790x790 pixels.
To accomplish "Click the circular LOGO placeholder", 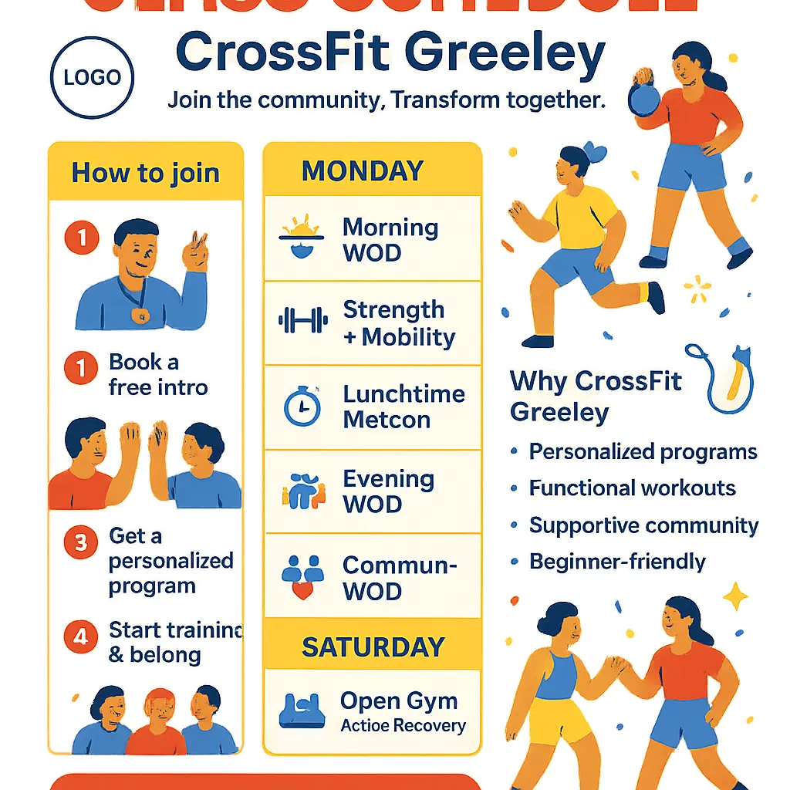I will click(x=92, y=77).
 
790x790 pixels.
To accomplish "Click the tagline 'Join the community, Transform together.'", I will click(x=386, y=100).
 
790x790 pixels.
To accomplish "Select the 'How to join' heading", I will click(x=145, y=172).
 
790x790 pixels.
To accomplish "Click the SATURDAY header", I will click(x=373, y=647).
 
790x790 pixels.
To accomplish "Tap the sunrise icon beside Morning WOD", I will click(x=301, y=238).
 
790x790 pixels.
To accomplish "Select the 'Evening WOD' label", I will click(x=388, y=491).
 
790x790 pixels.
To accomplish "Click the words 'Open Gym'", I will click(x=398, y=701).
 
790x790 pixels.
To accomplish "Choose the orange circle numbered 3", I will click(x=81, y=543).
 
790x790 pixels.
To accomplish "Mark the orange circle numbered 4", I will click(x=81, y=637).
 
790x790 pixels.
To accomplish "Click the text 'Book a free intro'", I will click(x=158, y=374).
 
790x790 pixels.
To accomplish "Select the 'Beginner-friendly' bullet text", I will click(x=617, y=562).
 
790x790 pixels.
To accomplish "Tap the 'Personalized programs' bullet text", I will click(x=643, y=452).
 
